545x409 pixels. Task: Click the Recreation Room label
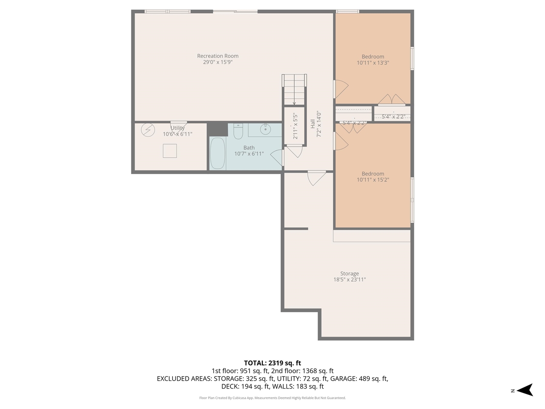[x=218, y=56]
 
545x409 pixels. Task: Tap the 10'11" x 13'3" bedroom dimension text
[x=373, y=63]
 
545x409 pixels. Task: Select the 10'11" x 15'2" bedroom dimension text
[x=373, y=180]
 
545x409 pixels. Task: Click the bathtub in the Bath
[x=218, y=153]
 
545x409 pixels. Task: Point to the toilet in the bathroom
[x=238, y=132]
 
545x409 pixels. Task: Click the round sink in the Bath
[x=266, y=129]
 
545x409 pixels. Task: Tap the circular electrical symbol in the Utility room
[x=148, y=130]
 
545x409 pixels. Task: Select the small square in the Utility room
[x=169, y=151]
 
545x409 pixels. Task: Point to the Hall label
[x=313, y=124]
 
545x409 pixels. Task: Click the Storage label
[x=349, y=274]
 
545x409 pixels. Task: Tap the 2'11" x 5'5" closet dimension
[x=295, y=126]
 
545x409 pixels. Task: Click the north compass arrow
[x=526, y=390]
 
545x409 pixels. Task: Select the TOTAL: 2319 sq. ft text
[x=272, y=363]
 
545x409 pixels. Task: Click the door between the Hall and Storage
[x=316, y=178]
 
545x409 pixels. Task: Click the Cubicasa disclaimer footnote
[x=272, y=398]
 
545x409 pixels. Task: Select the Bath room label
[x=249, y=147]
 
